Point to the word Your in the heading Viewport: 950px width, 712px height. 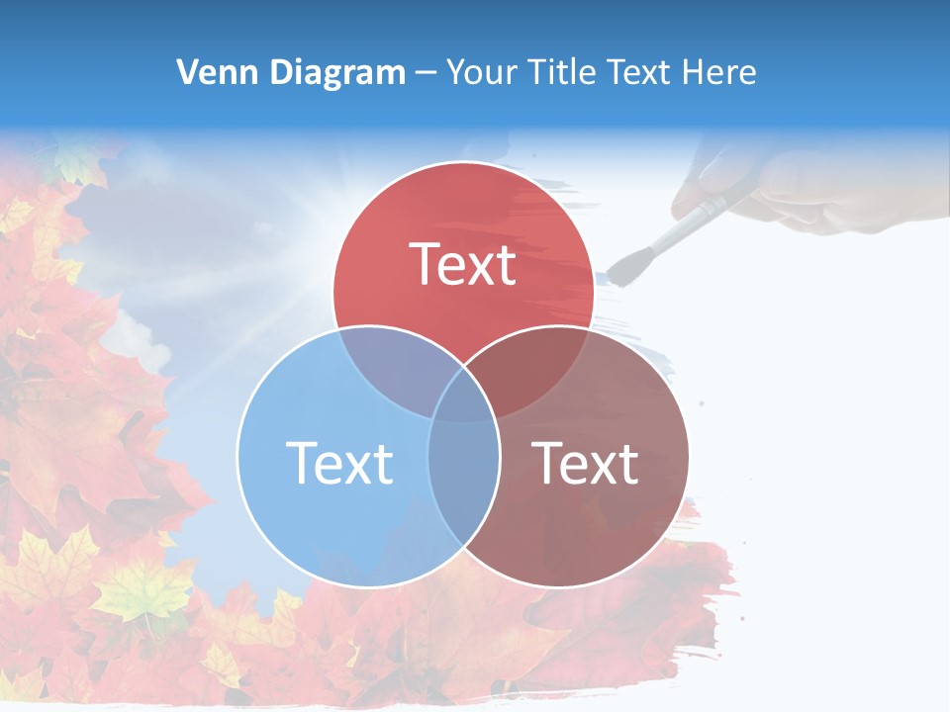pyautogui.click(x=484, y=72)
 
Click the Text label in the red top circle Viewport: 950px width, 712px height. pyautogui.click(x=463, y=265)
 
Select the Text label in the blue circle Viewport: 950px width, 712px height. pyautogui.click(x=339, y=463)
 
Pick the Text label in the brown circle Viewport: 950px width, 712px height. pyautogui.click(x=586, y=463)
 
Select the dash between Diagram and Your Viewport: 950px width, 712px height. pyautogui.click(x=426, y=73)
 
